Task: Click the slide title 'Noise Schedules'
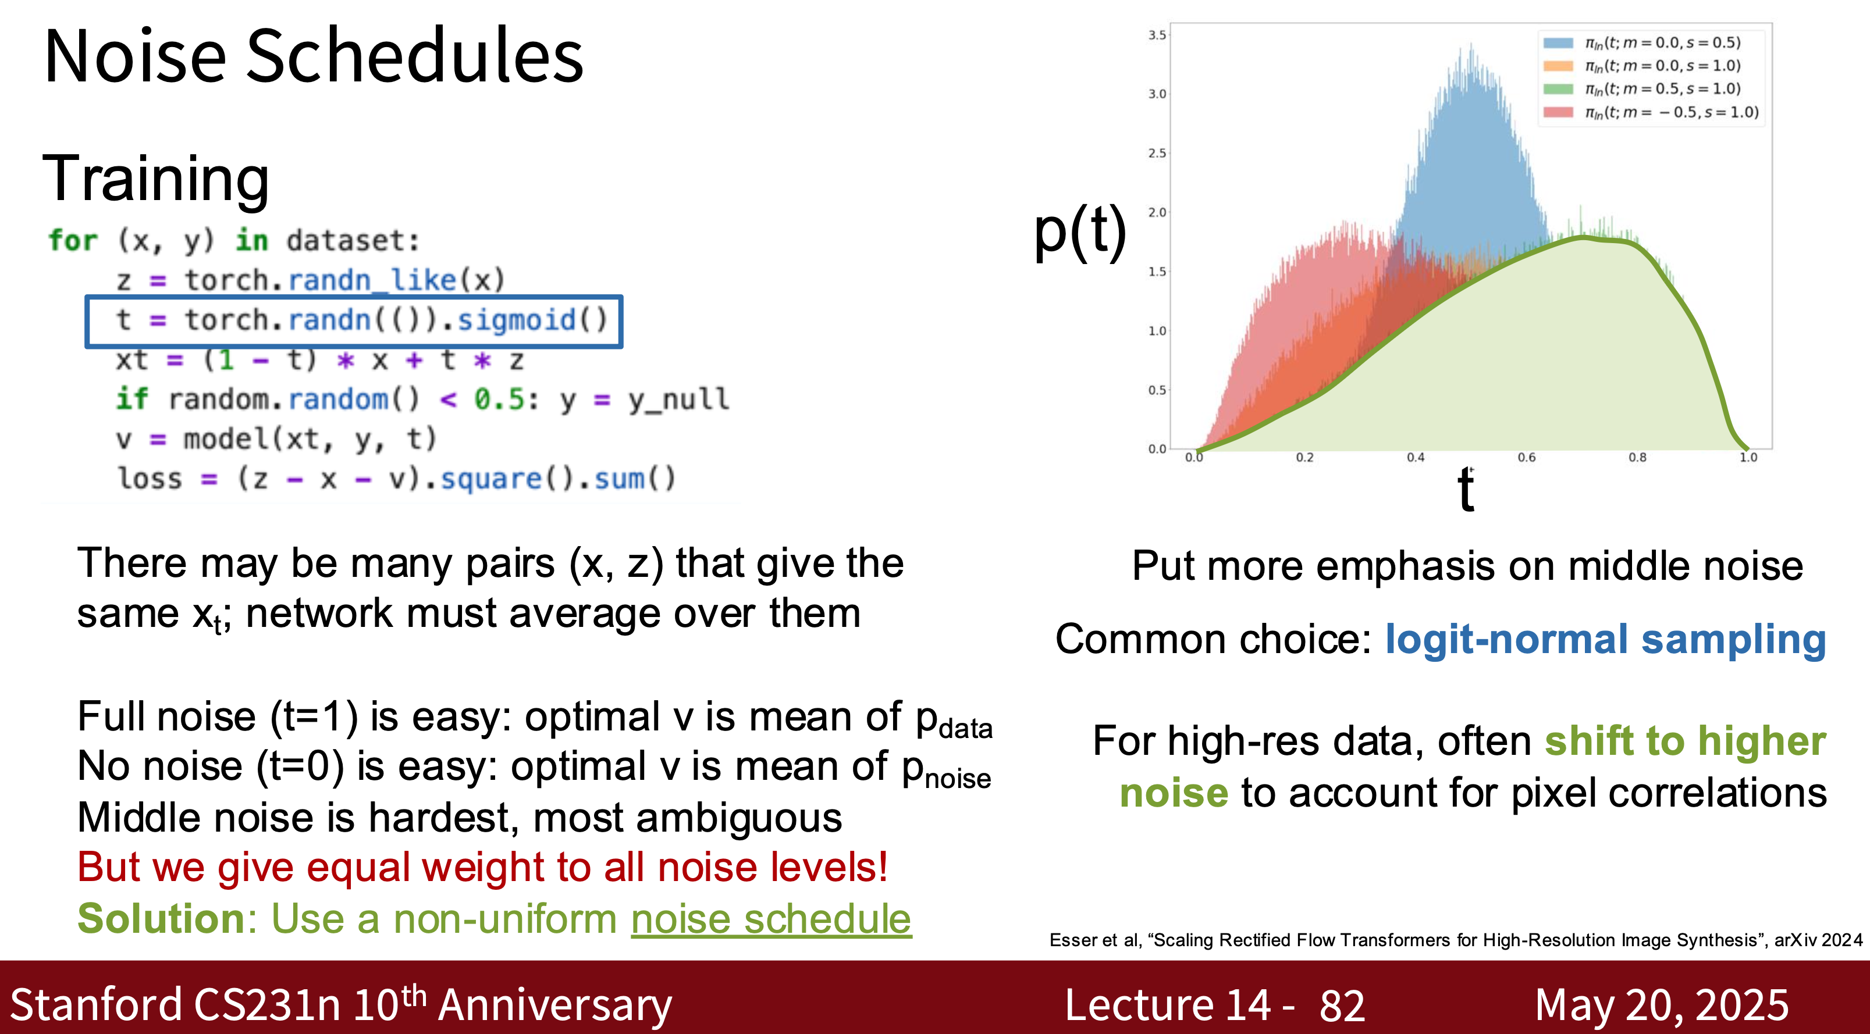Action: click(314, 55)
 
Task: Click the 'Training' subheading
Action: click(156, 179)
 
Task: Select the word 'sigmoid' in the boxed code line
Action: click(516, 319)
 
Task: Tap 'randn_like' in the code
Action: click(372, 280)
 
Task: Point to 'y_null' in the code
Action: click(679, 399)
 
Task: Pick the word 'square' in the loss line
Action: click(492, 479)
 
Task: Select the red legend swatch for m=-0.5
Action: click(1558, 112)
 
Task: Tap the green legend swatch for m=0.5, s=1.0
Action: click(1558, 88)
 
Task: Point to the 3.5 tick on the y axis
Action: click(1157, 35)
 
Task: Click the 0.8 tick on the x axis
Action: click(1638, 458)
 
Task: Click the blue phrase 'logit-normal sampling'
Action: click(1605, 640)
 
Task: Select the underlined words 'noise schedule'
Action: click(771, 919)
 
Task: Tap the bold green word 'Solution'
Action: click(162, 919)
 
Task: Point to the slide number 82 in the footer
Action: click(1342, 1006)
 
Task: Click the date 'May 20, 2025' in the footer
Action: click(1662, 1006)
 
